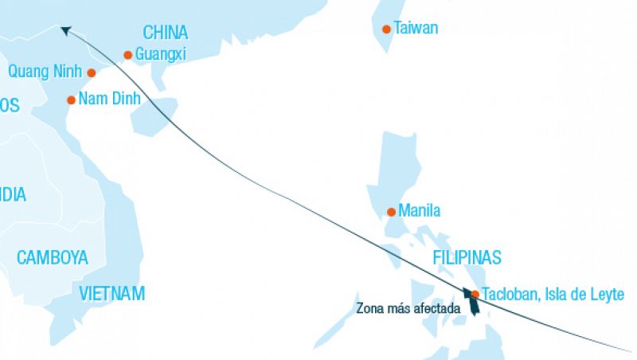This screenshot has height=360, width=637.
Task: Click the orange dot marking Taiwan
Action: [386, 29]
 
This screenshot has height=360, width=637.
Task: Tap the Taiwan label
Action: [416, 29]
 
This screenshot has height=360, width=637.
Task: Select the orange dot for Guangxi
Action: [127, 55]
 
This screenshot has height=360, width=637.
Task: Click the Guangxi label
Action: [162, 55]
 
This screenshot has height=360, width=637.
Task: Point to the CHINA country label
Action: [166, 33]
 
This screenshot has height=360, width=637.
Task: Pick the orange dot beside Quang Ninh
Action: [92, 73]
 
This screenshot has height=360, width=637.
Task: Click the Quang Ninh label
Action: [45, 72]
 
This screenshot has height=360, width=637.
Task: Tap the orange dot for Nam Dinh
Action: [72, 100]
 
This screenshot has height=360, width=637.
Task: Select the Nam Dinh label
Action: [110, 100]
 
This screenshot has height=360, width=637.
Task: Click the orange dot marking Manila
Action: [391, 212]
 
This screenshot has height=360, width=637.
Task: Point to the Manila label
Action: [420, 211]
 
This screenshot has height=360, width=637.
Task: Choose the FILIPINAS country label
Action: [467, 257]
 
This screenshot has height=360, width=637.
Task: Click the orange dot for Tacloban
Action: [475, 294]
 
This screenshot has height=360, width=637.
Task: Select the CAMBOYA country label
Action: [52, 257]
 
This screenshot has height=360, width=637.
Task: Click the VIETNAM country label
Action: [112, 293]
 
